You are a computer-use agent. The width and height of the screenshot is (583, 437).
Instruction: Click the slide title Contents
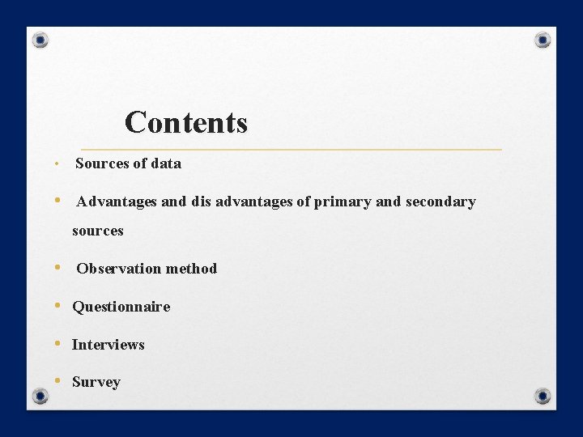[x=185, y=123]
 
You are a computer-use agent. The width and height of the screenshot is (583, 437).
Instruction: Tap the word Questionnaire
[x=121, y=307]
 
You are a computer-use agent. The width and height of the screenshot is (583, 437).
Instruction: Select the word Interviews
[x=108, y=345]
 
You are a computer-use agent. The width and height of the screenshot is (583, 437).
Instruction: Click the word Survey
[x=96, y=383]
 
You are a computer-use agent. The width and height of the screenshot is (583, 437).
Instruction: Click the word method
[x=191, y=269]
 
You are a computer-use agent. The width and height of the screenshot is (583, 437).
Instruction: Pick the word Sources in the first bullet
[x=102, y=163]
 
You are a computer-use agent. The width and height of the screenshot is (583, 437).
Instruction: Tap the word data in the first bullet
[x=166, y=163]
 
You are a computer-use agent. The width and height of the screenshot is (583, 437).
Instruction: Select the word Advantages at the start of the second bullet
[x=117, y=202]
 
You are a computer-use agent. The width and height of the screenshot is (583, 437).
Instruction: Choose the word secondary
[x=440, y=202]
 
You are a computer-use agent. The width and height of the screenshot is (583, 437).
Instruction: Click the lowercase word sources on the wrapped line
[x=97, y=231]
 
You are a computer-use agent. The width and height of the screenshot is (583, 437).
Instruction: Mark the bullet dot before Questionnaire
[x=58, y=306]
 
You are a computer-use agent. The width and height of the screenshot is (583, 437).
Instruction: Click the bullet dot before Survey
[x=58, y=381]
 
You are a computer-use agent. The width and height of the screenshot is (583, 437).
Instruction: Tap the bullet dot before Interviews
[x=58, y=343]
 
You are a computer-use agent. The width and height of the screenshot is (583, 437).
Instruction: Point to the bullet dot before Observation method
[x=58, y=267]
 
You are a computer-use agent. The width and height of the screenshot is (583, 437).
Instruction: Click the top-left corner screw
[x=40, y=40]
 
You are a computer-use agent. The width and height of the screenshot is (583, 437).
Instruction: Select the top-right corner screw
[x=543, y=40]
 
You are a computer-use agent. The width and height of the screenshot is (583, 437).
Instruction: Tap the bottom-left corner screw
[x=40, y=396]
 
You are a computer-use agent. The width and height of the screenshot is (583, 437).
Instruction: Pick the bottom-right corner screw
[x=543, y=396]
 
